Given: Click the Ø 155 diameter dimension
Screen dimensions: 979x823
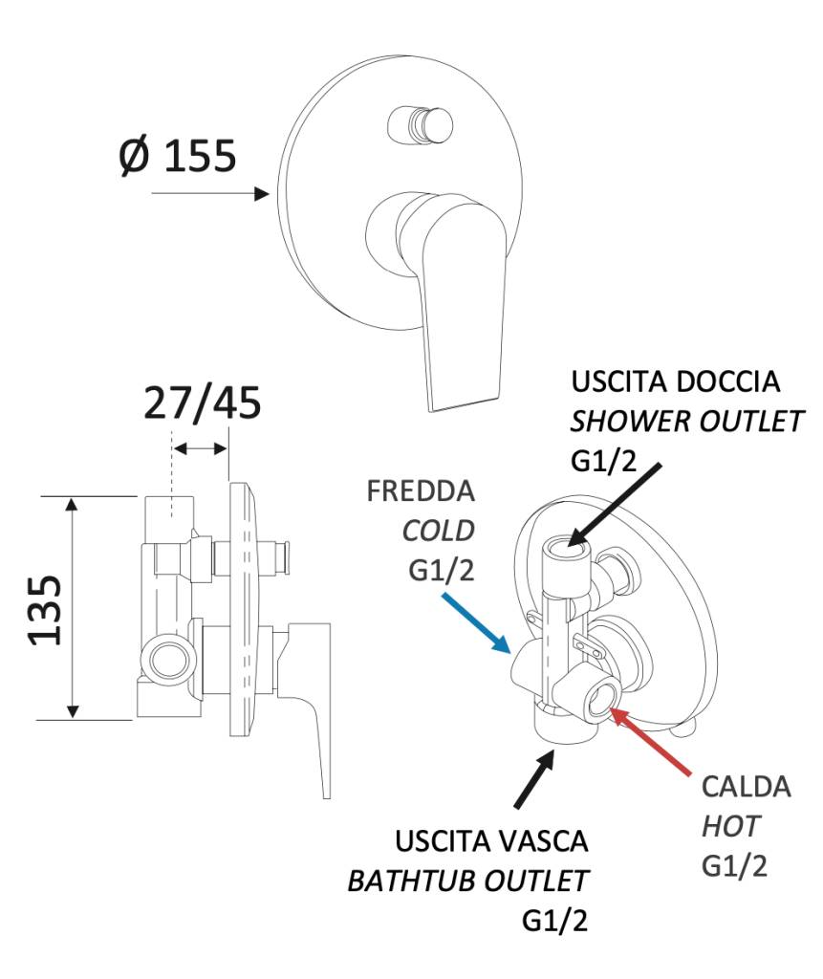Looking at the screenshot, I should coord(178,155).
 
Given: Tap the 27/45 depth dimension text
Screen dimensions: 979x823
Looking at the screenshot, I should coord(202,404).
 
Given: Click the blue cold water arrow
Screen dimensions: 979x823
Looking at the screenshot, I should coord(476,624).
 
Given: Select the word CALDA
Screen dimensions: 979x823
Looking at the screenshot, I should coord(746,787).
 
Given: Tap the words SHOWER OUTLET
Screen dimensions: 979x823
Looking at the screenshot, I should coord(686,422).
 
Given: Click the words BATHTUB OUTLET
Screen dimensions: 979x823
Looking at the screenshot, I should coord(467,881).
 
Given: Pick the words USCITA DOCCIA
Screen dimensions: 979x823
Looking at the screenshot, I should coord(675,381).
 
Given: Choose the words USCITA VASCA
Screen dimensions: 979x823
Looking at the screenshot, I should coord(491,842).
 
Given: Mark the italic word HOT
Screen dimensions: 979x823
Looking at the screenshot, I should coord(726,825).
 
